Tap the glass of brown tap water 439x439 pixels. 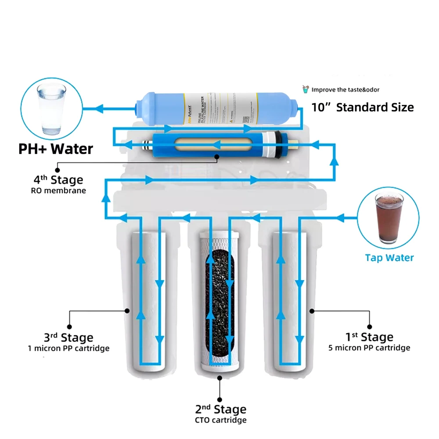tap(389, 218)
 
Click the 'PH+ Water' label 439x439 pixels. tap(55, 149)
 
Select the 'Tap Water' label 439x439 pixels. tap(389, 258)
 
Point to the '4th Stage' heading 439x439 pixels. tap(58, 180)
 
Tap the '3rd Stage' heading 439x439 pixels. tap(68, 338)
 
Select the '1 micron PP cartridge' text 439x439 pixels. tap(68, 348)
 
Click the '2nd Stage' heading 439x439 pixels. tap(221, 409)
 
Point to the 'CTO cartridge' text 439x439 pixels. tap(221, 420)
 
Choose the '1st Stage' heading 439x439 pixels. tap(369, 337)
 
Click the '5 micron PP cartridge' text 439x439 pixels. tap(369, 348)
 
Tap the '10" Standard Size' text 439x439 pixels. tap(363, 107)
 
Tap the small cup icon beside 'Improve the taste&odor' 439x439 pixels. tap(306, 90)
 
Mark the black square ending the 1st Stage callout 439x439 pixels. tap(369, 327)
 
